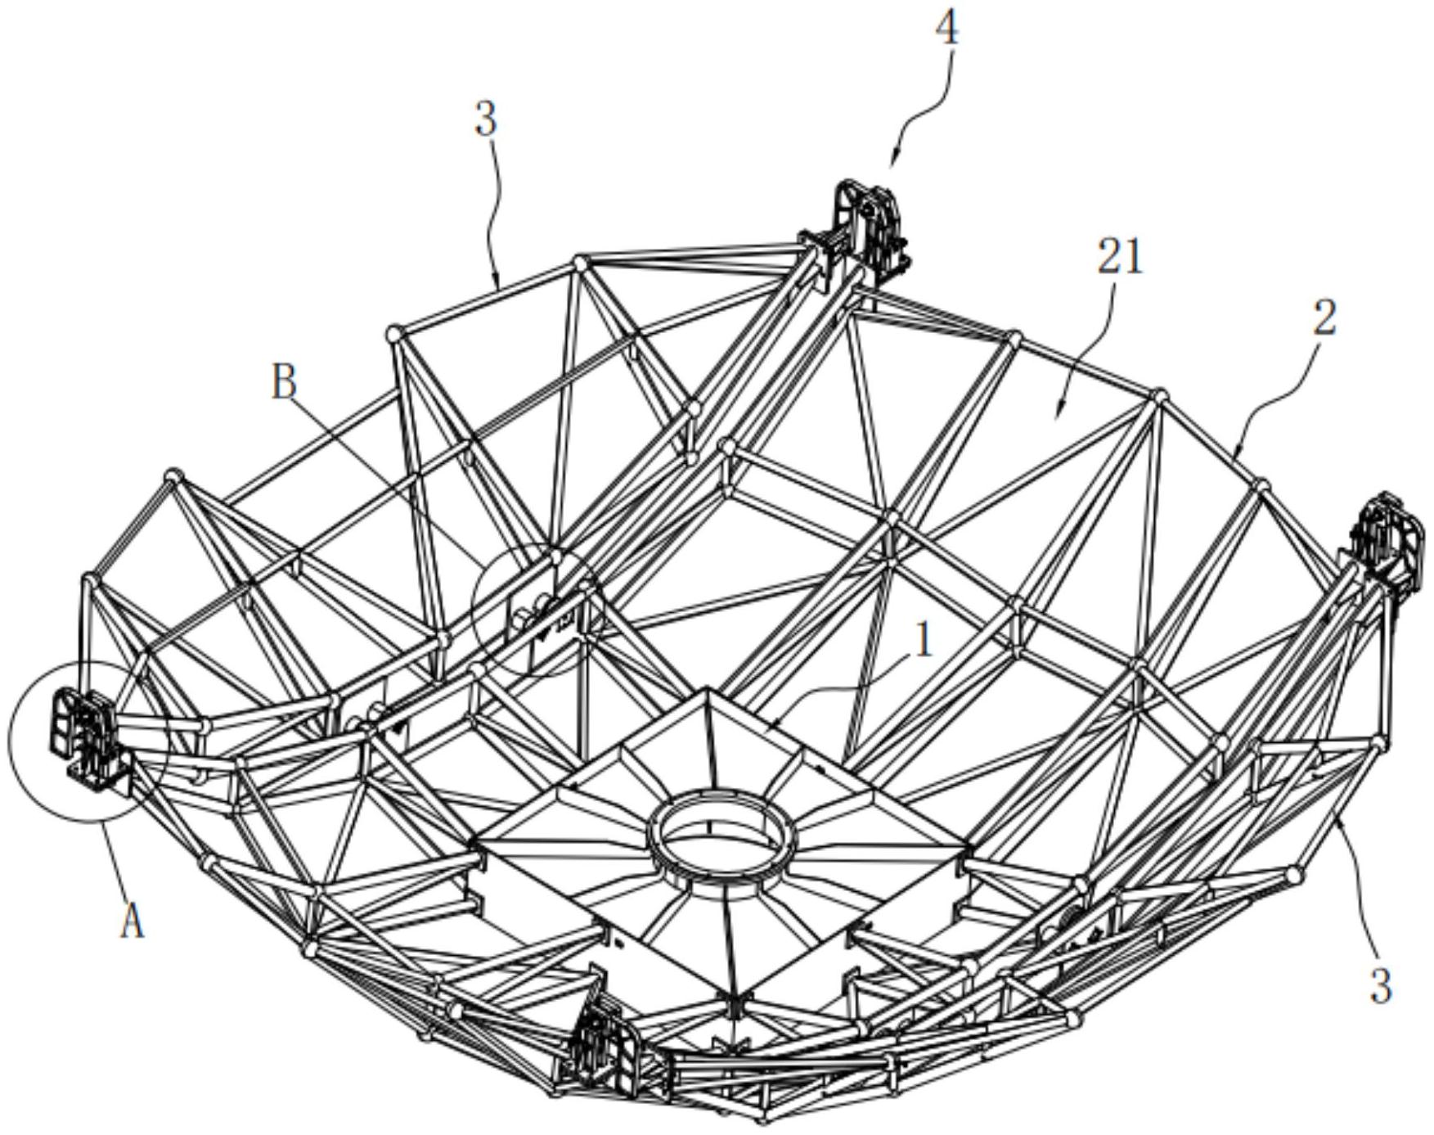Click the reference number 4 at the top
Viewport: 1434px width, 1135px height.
pos(946,30)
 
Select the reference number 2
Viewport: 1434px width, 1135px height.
pos(1325,318)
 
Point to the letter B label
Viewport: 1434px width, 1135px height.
pos(284,382)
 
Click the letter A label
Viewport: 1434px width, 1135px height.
pos(132,923)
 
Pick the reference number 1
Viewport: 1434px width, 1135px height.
pos(924,642)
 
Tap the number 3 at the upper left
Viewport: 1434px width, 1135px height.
pos(486,119)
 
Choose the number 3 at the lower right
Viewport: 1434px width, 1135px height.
pos(1381,986)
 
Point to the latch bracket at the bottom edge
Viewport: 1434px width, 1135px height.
pos(609,1048)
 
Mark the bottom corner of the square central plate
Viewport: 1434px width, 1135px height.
pos(731,997)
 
